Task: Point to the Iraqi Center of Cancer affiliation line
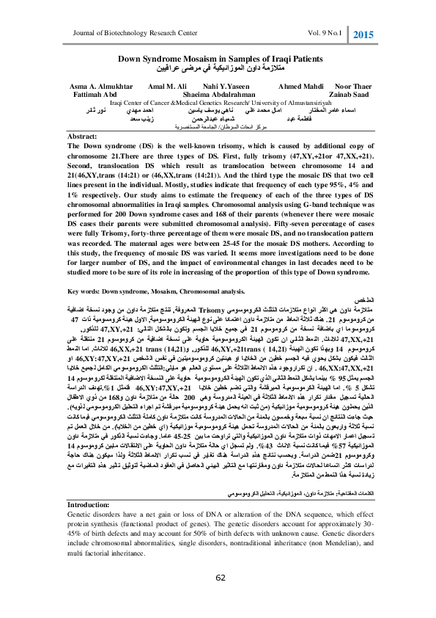pyautogui.click(x=218, y=103)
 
